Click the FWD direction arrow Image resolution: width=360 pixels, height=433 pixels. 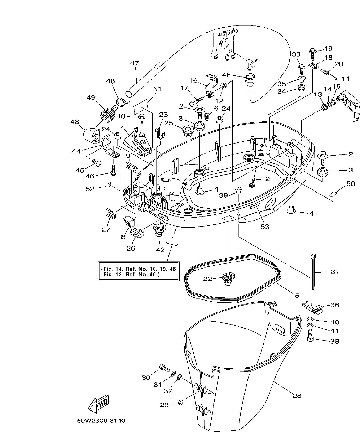click(99, 404)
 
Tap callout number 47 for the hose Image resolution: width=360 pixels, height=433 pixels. click(135, 63)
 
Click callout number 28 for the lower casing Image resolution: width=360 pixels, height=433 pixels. click(297, 396)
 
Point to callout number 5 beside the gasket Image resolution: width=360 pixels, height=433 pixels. click(297, 295)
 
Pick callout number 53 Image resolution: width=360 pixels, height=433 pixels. click(265, 227)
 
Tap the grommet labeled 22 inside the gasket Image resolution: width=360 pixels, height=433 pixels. click(227, 279)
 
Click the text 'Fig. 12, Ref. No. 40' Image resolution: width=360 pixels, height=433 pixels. click(131, 275)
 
